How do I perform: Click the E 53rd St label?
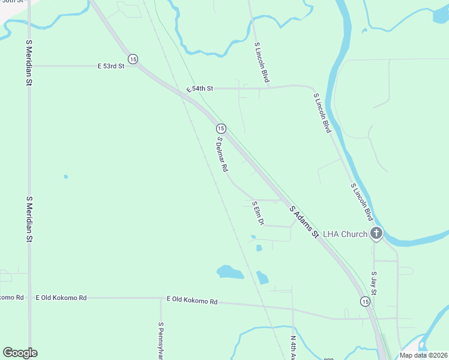(x=111, y=66)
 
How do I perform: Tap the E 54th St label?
(x=199, y=88)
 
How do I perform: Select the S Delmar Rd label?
(x=222, y=155)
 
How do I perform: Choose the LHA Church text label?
(x=345, y=234)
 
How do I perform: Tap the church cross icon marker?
(x=376, y=233)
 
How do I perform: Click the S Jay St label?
(x=373, y=284)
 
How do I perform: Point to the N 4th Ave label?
(x=294, y=347)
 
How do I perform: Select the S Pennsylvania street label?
(x=161, y=340)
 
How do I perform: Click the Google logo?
(x=20, y=353)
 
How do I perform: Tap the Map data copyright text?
(x=423, y=355)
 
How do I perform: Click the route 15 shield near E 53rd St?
(x=133, y=59)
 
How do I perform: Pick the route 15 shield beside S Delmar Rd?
(x=221, y=128)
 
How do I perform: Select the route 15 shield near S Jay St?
(x=365, y=301)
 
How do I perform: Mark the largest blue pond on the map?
(x=230, y=273)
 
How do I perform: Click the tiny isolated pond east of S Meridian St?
(x=65, y=176)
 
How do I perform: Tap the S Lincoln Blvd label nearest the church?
(x=362, y=202)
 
